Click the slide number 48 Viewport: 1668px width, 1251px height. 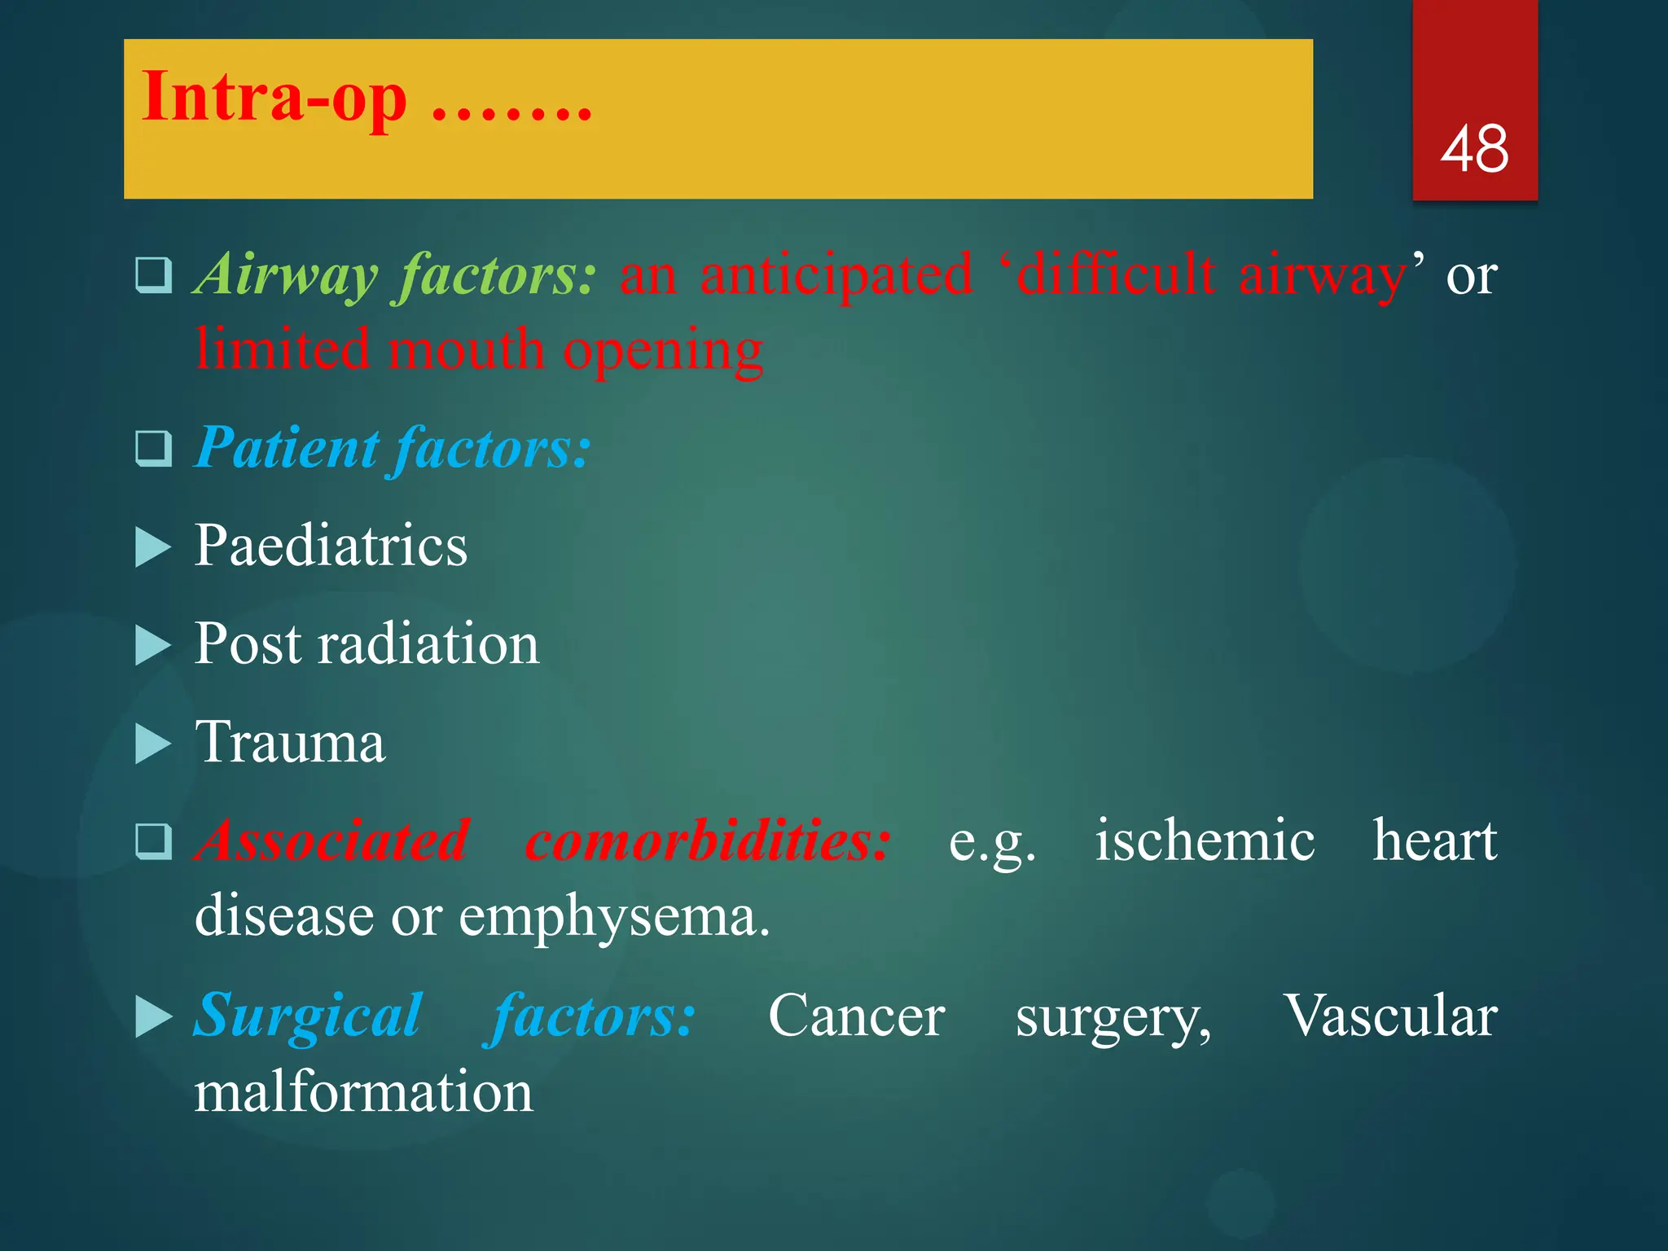pyautogui.click(x=1474, y=149)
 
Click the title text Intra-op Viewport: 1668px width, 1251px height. pyautogui.click(x=274, y=98)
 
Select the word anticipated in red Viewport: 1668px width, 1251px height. pyautogui.click(x=836, y=275)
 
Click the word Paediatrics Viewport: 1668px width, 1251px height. pyautogui.click(x=331, y=546)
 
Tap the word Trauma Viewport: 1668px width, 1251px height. pyautogui.click(x=289, y=743)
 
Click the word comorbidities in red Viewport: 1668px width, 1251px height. pyautogui.click(x=707, y=841)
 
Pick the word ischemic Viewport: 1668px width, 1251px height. pyautogui.click(x=1204, y=841)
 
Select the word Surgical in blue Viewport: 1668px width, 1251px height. pyautogui.click(x=308, y=1016)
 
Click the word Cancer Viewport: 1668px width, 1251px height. pyautogui.click(x=856, y=1016)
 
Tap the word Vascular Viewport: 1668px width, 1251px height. pyautogui.click(x=1390, y=1016)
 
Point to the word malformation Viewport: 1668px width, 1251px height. pyautogui.click(x=363, y=1092)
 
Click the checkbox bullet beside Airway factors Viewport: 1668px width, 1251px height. pyautogui.click(x=153, y=275)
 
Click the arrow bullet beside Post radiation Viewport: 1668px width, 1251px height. pyautogui.click(x=152, y=646)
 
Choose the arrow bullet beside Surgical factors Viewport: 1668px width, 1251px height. pyautogui.click(x=152, y=1018)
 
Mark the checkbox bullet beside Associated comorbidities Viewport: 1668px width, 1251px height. pyautogui.click(x=153, y=841)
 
